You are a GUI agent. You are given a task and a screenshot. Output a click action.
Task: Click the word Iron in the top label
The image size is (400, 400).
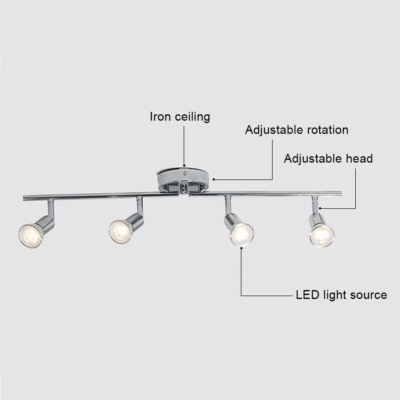pos(161,117)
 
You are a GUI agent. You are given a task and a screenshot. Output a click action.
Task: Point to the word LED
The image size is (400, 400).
pos(307,295)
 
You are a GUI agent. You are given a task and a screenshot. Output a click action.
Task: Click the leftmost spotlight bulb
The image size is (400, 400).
pos(30,235)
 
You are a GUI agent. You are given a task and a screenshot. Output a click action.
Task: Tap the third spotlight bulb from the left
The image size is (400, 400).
pos(242,234)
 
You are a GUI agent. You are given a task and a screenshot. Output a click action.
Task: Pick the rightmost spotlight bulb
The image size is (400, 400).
pos(322,235)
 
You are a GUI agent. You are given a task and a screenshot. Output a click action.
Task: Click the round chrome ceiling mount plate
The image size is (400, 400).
pos(183,176)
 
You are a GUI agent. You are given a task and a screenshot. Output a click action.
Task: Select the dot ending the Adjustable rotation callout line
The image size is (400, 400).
pos(214,179)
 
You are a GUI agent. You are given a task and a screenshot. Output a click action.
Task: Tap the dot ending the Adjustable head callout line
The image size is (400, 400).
pos(321,208)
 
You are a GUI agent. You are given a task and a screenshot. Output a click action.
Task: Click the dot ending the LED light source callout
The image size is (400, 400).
pos(241,248)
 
